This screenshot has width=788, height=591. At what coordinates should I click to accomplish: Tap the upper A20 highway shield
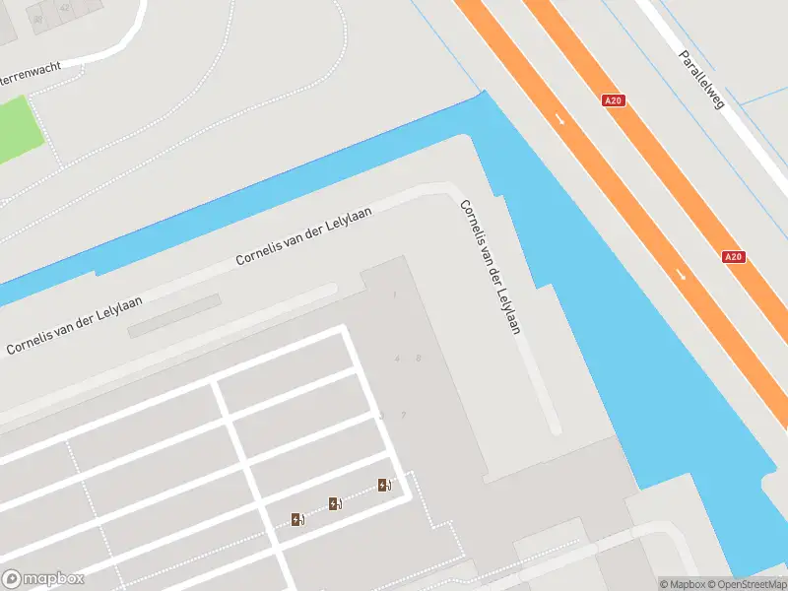tap(614, 100)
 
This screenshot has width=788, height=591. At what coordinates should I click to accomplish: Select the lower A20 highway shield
tap(733, 256)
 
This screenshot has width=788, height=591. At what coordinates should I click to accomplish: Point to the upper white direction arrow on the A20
tap(560, 119)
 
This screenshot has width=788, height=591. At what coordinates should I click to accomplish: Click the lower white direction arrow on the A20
tap(683, 275)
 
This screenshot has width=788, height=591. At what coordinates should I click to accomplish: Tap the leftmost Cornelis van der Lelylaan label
tap(75, 326)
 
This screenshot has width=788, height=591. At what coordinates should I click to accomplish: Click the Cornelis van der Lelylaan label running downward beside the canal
tap(490, 267)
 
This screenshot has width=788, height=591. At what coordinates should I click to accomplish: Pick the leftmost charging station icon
tap(297, 519)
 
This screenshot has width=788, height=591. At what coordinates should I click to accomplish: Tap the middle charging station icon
tap(335, 504)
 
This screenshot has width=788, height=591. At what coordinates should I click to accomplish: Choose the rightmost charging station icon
tap(384, 485)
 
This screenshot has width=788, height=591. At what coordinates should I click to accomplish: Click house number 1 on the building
tap(395, 295)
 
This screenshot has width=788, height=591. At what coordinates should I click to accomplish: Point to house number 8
tap(419, 358)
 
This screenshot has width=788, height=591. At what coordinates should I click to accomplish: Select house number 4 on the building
tap(398, 359)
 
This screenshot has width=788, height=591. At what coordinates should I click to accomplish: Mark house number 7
tap(403, 415)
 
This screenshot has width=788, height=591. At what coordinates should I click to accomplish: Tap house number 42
tap(65, 7)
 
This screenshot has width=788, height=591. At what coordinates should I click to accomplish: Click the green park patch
tap(18, 128)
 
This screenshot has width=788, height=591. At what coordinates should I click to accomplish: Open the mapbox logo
tap(42, 579)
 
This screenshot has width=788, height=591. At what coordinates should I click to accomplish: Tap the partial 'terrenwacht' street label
tap(30, 73)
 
